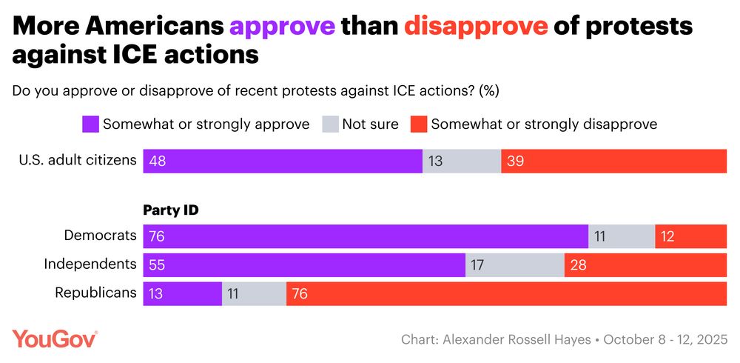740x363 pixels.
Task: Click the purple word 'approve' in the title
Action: coord(282,27)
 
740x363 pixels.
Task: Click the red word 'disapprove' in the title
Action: coord(476,27)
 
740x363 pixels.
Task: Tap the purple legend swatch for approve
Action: coord(90,124)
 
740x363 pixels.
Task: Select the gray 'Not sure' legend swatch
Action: coord(329,124)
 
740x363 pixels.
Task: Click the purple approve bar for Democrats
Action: coord(366,236)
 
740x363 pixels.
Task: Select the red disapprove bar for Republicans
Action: coord(506,293)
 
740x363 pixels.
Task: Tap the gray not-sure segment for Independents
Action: coord(514,265)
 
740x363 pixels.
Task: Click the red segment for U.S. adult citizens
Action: coord(613,161)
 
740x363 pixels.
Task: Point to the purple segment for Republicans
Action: coord(182,293)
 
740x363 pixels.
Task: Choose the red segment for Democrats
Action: coord(690,236)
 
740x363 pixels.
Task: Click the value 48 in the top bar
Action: coord(157,161)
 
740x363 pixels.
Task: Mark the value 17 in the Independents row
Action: coord(477,265)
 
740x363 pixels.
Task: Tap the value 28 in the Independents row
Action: coord(578,265)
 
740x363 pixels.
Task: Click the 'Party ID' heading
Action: coord(172,210)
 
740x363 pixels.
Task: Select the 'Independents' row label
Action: coord(90,264)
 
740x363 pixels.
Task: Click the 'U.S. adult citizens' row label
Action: coord(76,160)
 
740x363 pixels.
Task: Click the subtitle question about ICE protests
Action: coord(256,91)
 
